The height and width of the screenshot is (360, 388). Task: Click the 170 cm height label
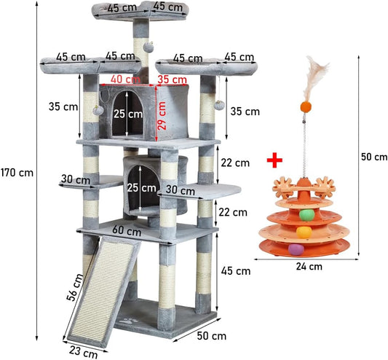17,173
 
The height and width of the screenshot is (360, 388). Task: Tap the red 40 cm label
125,79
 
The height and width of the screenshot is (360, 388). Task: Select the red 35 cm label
172,79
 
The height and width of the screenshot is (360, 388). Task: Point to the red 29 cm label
162,116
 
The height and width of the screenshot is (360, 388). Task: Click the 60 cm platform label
127,231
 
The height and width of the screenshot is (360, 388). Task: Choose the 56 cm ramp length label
75,287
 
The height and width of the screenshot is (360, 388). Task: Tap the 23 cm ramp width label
83,352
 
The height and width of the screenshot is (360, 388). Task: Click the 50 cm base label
212,336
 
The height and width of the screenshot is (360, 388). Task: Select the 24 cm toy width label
309,266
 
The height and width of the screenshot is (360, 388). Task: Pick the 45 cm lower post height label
236,271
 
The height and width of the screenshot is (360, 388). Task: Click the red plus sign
274,160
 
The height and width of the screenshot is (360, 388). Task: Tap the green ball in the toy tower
307,215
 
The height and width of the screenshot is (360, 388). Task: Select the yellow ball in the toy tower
304,232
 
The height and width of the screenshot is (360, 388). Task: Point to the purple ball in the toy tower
296,249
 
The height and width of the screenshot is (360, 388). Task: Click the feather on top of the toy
314,77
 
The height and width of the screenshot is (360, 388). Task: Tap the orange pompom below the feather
306,106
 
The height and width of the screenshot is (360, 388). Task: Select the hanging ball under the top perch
149,47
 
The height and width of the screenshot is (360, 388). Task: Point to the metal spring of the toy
304,146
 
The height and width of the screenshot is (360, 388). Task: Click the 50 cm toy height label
374,157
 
